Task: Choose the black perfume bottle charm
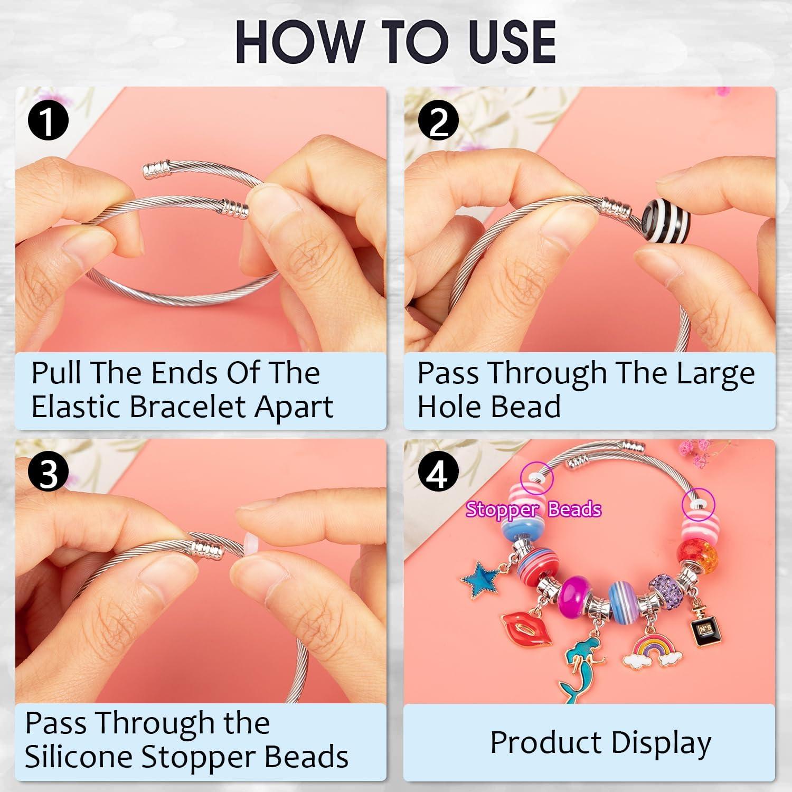click(703, 623)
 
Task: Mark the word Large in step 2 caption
click(718, 373)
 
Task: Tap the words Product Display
click(600, 743)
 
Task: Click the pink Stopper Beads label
click(533, 509)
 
